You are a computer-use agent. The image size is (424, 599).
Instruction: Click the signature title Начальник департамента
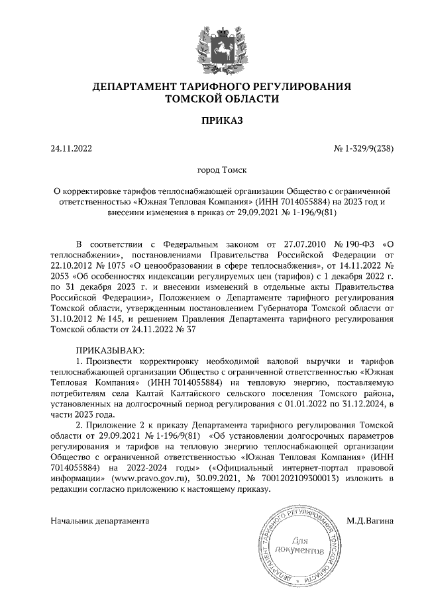coord(100,521)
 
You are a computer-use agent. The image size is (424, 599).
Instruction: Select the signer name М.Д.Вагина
coord(370,521)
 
